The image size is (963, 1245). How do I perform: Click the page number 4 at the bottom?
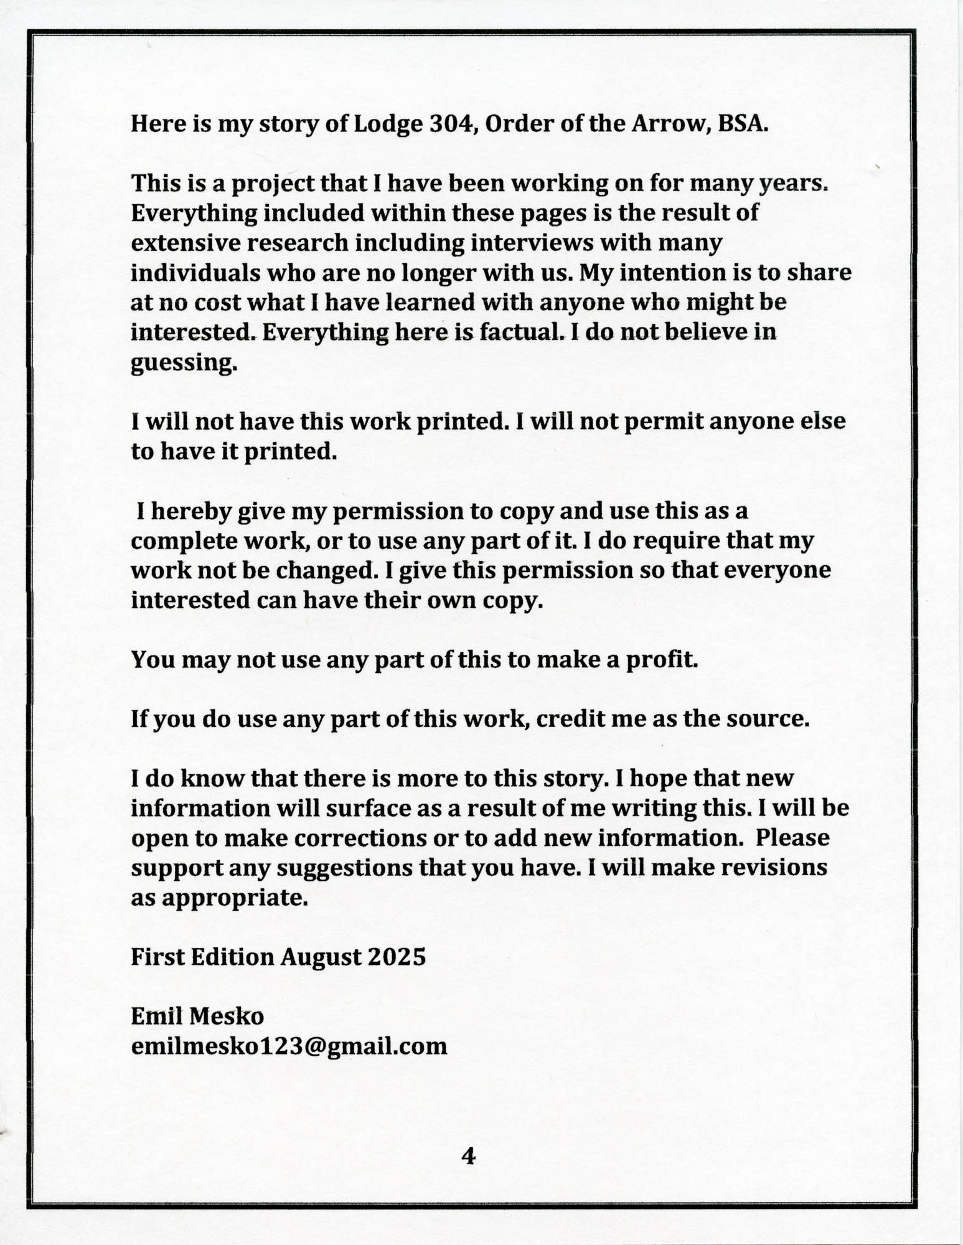pos(468,1157)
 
